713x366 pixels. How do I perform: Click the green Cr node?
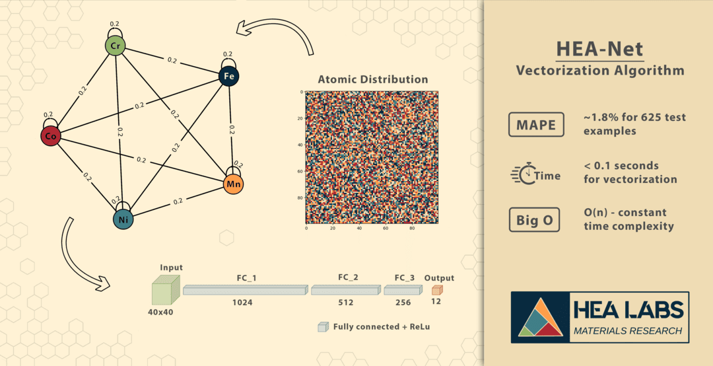[x=115, y=46]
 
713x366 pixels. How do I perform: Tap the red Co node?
[x=50, y=136]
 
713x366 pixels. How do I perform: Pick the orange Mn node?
[x=233, y=184]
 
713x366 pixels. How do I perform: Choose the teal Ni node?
[x=123, y=219]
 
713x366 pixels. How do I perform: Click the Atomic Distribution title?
[x=372, y=79]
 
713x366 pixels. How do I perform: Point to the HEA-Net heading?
[x=599, y=49]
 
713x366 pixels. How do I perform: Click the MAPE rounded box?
[x=536, y=124]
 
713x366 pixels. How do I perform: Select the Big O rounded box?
[x=534, y=220]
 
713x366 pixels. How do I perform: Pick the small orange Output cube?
[x=436, y=290]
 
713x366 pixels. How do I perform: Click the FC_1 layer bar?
[x=246, y=290]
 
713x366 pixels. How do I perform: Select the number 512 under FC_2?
[x=345, y=303]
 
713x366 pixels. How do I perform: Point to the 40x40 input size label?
[x=160, y=312]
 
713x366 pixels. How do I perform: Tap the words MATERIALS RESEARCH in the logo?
[x=628, y=330]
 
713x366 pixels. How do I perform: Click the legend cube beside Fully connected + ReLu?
[x=323, y=327]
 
